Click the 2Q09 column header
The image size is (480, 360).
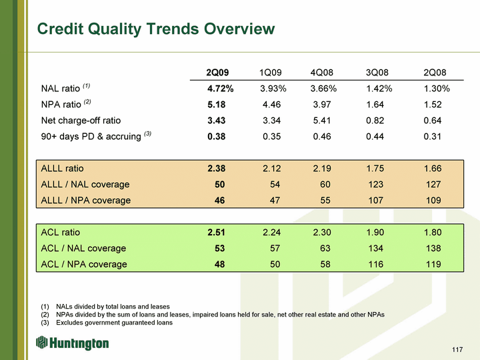click(217, 73)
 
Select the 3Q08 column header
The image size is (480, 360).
click(377, 73)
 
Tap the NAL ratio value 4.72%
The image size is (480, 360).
click(221, 89)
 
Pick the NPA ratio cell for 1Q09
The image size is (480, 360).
click(271, 105)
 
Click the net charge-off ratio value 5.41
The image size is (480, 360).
click(322, 121)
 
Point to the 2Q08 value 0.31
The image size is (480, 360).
click(432, 137)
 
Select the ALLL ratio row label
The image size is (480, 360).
click(62, 169)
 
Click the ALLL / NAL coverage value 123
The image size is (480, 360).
click(375, 184)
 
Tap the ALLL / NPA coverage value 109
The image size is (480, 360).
click(433, 200)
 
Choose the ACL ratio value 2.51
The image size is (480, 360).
click(216, 233)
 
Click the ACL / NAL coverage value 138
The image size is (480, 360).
click(433, 248)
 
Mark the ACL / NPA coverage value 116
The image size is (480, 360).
click(375, 264)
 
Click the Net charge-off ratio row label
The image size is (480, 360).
click(81, 121)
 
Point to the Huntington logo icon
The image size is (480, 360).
click(41, 342)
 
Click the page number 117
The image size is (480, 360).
click(457, 349)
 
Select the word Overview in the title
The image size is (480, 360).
click(239, 29)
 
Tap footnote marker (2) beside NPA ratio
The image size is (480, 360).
click(87, 101)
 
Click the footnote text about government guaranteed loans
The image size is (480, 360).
click(114, 323)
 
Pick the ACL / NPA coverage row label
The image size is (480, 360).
click(84, 264)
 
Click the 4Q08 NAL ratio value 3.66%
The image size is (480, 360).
click(323, 89)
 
